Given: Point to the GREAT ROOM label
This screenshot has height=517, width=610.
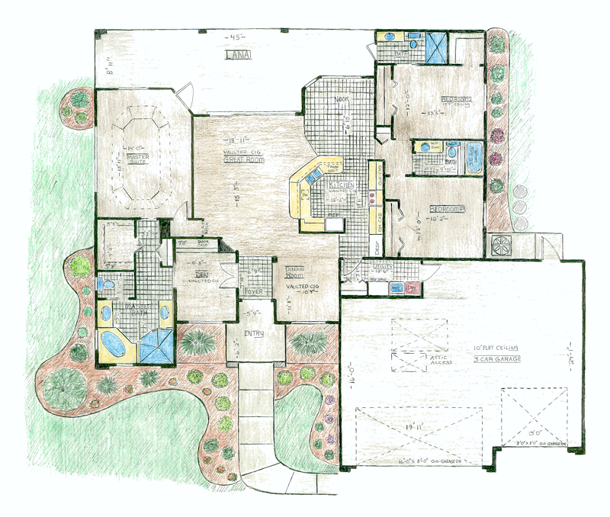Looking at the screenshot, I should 236,161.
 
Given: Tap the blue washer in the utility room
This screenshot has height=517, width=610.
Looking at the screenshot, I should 396,288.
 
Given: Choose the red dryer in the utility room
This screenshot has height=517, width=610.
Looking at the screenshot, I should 413,288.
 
